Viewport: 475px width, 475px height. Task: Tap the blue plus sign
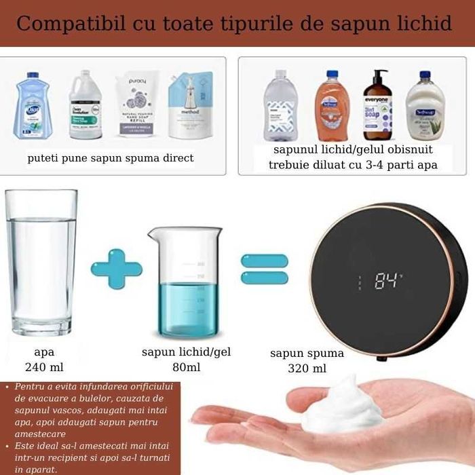[x=116, y=269]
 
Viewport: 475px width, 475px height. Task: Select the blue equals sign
[x=265, y=269]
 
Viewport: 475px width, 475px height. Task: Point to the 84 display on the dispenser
[x=387, y=281]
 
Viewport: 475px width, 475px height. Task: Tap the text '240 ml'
[x=44, y=367]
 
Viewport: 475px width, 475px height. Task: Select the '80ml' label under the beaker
[x=186, y=367]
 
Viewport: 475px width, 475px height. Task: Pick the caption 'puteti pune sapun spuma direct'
[x=111, y=158]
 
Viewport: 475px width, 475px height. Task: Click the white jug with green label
[x=85, y=105]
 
